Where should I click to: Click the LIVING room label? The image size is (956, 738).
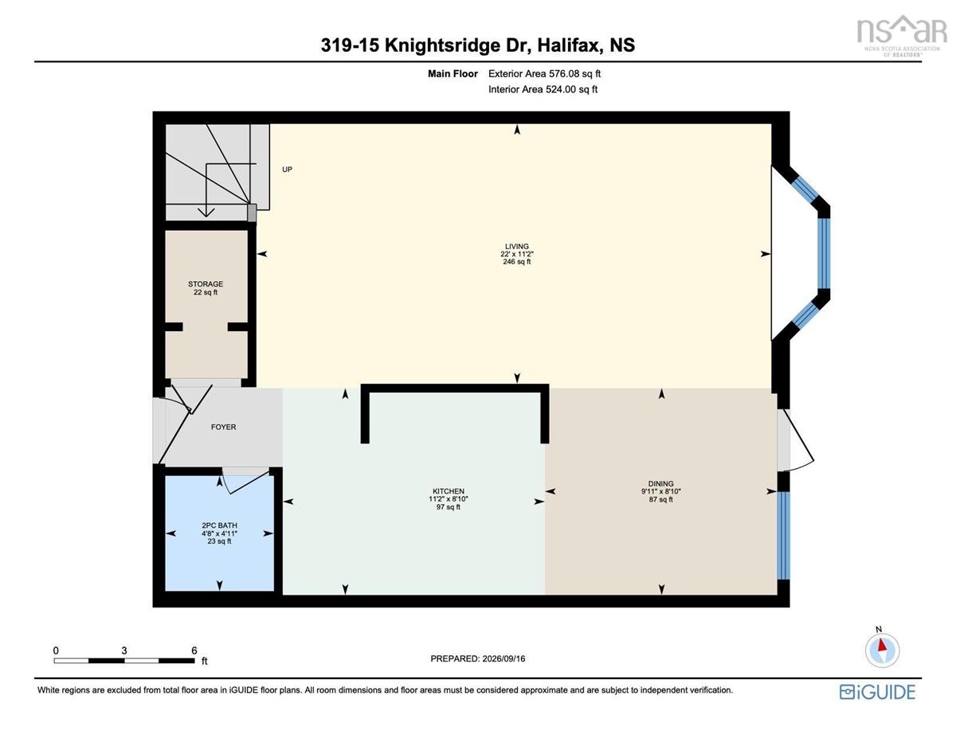pos(516,247)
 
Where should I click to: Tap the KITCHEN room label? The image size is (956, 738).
pos(449,491)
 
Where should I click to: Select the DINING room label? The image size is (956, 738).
pos(660,483)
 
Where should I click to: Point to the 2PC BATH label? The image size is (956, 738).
pos(220,525)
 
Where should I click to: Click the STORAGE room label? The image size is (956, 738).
pos(206,284)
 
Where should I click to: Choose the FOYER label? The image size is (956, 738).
pos(224,427)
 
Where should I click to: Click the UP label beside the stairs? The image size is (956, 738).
pos(287,170)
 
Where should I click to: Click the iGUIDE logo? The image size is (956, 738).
pos(877,692)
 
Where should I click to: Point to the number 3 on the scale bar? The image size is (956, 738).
pos(124,650)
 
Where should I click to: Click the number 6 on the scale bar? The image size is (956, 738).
pos(194,650)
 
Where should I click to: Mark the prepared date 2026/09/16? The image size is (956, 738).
pos(503,658)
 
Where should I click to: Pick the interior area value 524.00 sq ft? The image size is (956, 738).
pos(571,89)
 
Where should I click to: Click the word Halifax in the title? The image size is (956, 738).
pos(570,45)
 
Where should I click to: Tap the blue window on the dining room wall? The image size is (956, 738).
pos(783,535)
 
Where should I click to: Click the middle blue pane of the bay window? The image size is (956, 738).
pos(824,253)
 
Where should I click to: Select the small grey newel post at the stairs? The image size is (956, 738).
pos(252,213)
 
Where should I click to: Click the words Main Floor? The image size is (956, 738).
pos(453,73)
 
